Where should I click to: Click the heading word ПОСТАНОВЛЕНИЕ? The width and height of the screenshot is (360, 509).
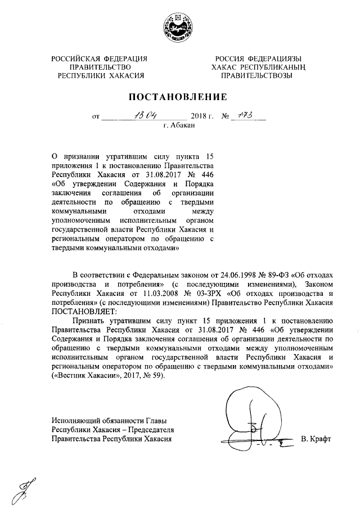point(179,97)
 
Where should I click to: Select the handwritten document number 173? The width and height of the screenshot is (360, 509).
point(245,116)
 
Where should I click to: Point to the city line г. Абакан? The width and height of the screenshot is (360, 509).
point(179,126)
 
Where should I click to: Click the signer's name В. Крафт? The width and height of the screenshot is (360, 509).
point(317,439)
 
